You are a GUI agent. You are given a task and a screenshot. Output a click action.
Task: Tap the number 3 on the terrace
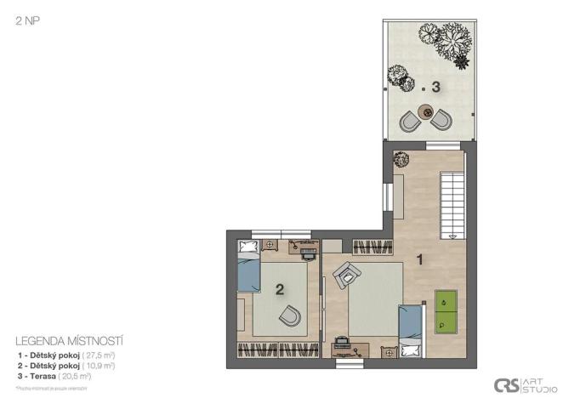pyautogui.click(x=435, y=87)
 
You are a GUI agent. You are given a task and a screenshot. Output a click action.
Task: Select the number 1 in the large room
pyautogui.click(x=418, y=257)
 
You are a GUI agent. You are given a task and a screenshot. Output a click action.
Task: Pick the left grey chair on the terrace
pyautogui.click(x=410, y=122)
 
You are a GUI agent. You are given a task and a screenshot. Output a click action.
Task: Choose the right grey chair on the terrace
pyautogui.click(x=441, y=121)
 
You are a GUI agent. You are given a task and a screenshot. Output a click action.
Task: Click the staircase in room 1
pyautogui.click(x=452, y=204)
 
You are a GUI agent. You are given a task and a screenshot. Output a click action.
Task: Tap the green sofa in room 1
pyautogui.click(x=446, y=311)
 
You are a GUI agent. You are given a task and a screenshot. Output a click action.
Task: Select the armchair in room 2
pyautogui.click(x=290, y=316)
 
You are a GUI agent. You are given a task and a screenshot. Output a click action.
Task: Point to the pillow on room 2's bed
pyautogui.click(x=247, y=248)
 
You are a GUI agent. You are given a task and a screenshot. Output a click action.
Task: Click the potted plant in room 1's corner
pyautogui.click(x=400, y=156)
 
